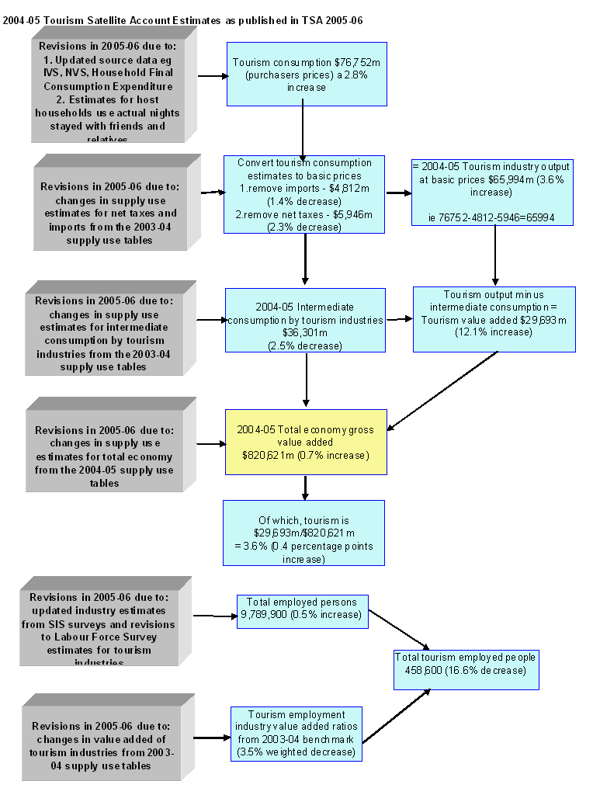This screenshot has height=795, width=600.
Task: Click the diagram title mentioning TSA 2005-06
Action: [183, 20]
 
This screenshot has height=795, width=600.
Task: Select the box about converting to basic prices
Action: [304, 194]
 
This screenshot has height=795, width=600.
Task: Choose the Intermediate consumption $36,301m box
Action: [305, 320]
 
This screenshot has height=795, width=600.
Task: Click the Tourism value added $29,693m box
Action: [494, 319]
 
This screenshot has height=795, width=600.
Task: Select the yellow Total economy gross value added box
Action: [305, 442]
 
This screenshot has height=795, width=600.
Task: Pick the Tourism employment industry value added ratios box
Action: [296, 734]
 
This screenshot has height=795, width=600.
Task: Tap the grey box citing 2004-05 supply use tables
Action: [103, 450]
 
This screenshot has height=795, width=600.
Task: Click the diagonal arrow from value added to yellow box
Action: [442, 390]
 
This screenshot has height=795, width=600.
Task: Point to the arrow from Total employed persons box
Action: [399, 630]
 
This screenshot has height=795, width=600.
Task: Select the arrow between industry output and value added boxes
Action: [495, 256]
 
